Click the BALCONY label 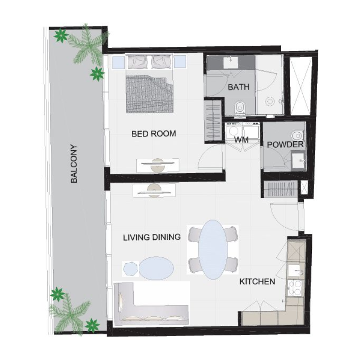75,163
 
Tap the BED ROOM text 153,134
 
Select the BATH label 238,87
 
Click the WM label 242,140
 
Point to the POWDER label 285,145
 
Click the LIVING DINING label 152,237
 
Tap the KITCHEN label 257,282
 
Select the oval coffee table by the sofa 156,268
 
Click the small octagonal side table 130,269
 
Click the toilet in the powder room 297,135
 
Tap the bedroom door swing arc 211,157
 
